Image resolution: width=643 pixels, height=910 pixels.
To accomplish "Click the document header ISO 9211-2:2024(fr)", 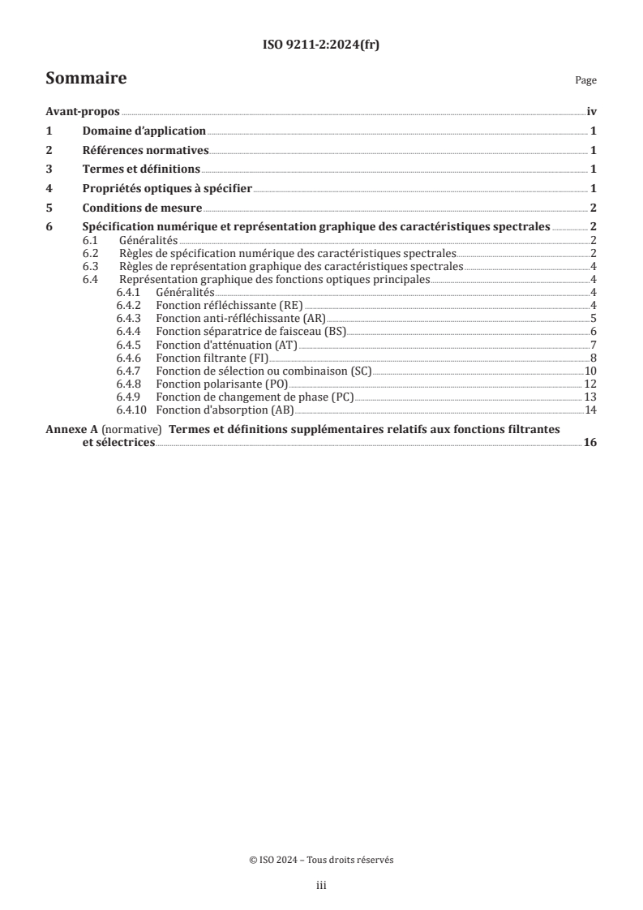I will (x=321, y=45).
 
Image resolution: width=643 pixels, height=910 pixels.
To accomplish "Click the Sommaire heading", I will (x=86, y=79).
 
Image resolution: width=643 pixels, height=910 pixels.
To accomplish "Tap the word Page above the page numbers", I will (x=585, y=81).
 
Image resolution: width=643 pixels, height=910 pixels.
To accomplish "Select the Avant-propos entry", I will (x=83, y=113).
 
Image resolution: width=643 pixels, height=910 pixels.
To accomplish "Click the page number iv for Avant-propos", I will (x=592, y=113).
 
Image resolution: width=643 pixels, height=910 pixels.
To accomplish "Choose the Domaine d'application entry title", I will (x=144, y=131).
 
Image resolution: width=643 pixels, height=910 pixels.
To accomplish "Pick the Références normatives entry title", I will (x=146, y=150).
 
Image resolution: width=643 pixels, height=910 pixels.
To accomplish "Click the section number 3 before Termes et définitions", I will (x=49, y=170).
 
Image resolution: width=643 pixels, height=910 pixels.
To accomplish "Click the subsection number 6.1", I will (x=92, y=241).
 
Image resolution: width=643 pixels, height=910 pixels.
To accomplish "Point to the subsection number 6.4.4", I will (x=128, y=331).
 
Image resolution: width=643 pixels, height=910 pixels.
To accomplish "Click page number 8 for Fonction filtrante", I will (x=594, y=357).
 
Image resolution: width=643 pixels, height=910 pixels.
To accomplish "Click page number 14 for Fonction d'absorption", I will (x=590, y=409).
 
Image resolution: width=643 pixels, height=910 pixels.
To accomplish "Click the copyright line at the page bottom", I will (x=321, y=861).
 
